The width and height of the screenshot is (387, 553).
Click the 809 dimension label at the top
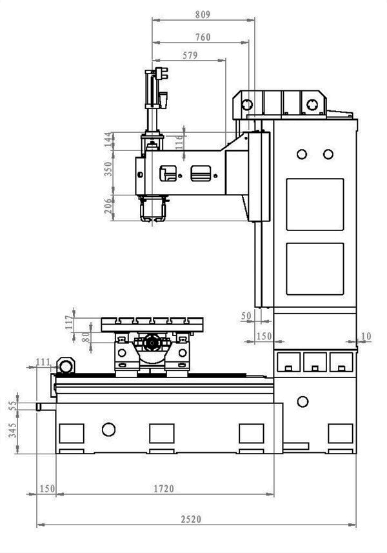coord(203,13)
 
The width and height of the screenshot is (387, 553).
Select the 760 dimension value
coord(203,37)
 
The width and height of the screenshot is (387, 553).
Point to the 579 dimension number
coord(190,56)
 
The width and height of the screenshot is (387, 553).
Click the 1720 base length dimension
coord(164,489)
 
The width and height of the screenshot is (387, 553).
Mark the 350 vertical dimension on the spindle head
coord(108,169)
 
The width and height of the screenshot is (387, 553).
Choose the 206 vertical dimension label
coord(108,205)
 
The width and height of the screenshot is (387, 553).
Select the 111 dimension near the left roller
coord(44,362)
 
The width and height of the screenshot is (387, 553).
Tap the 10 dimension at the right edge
coord(367,336)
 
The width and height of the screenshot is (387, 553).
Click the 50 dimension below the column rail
coord(246,316)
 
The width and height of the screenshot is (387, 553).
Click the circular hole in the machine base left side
coord(108,429)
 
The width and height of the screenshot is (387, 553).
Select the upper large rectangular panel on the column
coord(314,203)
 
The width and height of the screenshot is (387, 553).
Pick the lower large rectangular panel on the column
coord(314,268)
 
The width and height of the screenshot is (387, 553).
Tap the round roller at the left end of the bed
coord(63,365)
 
